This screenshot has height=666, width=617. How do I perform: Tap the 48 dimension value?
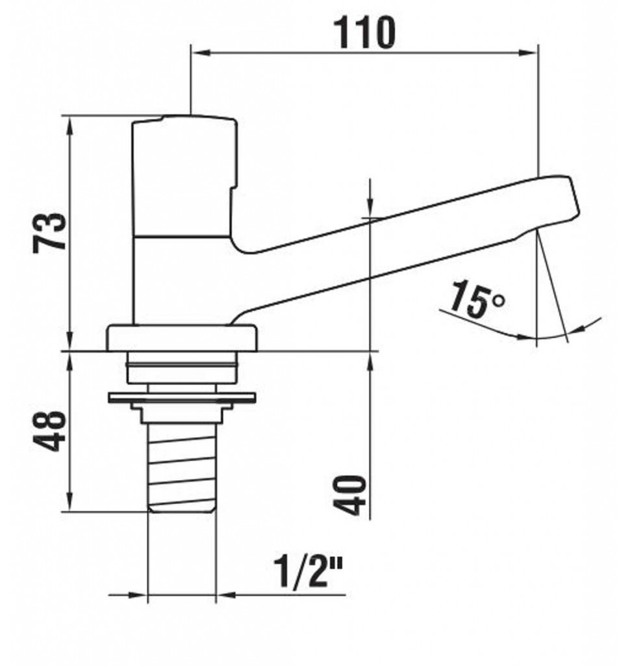[x=49, y=431]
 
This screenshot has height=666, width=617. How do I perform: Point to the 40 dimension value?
[x=349, y=495]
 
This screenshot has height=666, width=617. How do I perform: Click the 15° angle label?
[x=477, y=299]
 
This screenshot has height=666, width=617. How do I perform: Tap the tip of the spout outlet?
[x=536, y=230]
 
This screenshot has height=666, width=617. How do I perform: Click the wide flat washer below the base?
[x=182, y=398]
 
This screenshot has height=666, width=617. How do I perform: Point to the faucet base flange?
[x=182, y=338]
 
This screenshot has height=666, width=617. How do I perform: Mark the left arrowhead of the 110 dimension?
[x=200, y=53]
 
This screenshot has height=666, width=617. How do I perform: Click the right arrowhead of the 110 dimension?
[x=529, y=53]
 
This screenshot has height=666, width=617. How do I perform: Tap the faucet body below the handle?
[x=183, y=280]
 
